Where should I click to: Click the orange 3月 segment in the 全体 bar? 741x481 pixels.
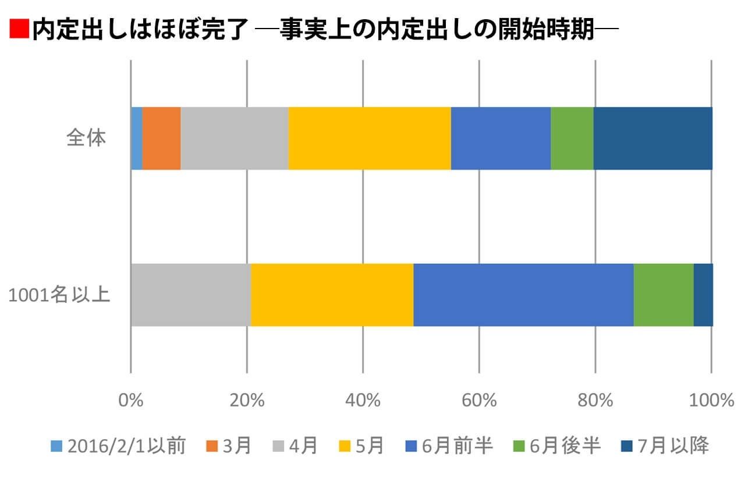click(161, 139)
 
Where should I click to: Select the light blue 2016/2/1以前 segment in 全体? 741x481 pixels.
click(136, 139)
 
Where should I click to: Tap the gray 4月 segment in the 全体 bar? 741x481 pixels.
click(234, 139)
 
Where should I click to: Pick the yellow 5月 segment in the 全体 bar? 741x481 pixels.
click(369, 139)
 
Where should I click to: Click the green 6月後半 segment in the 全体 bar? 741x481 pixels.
click(572, 139)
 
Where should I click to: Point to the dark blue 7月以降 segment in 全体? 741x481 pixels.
click(653, 139)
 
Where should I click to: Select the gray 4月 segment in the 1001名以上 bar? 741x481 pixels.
click(190, 295)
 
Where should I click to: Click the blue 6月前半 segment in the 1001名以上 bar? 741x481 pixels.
click(523, 295)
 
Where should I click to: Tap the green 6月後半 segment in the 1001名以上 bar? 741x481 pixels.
click(663, 295)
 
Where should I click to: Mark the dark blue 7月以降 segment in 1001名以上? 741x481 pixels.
click(703, 295)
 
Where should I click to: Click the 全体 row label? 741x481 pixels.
click(86, 139)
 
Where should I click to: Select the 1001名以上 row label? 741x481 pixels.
click(59, 295)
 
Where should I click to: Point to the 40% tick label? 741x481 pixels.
click(363, 401)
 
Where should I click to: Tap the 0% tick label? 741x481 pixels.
click(131, 401)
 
